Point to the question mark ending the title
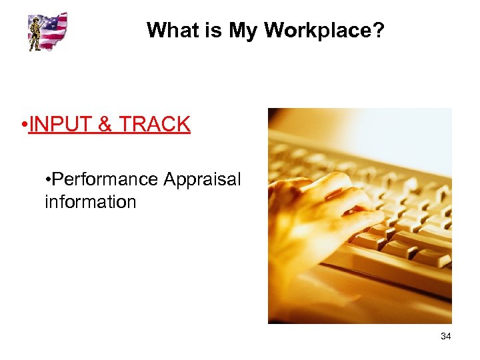[x=379, y=30]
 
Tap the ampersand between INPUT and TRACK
[x=107, y=124]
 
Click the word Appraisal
[x=202, y=180]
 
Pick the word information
[x=90, y=202]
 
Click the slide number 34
[x=445, y=337]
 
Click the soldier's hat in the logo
[x=35, y=21]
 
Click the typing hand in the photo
[x=313, y=213]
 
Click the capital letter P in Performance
[x=57, y=180]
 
